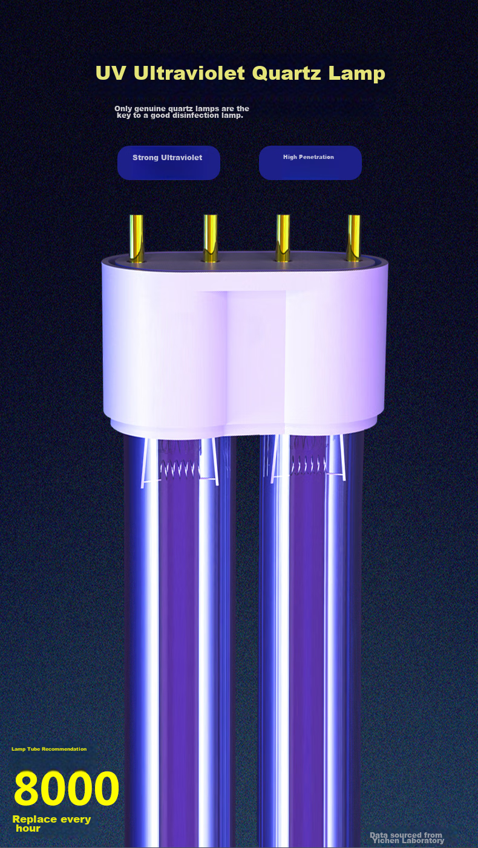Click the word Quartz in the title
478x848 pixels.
coord(287,73)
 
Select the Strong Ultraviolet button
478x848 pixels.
coord(169,163)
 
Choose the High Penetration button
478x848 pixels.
coord(310,163)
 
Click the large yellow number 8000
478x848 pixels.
coord(67,789)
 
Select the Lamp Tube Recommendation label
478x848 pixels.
coord(49,749)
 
